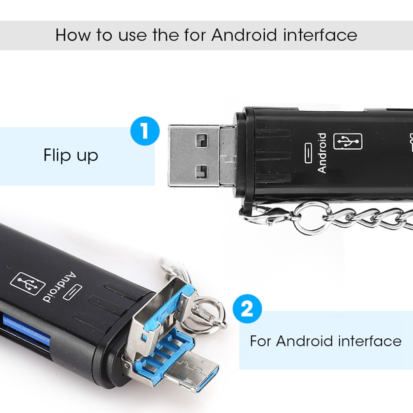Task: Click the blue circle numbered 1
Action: coord(145,131)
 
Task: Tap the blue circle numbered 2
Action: coord(247,309)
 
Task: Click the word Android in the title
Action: coord(244,35)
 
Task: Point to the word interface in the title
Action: coord(320,35)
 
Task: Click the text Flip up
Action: coord(71,156)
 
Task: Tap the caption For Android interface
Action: coord(325,341)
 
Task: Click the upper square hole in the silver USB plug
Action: coord(201,141)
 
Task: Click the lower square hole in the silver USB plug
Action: coord(201,171)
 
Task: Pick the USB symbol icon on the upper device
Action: coord(348,141)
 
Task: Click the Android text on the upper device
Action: coord(322,153)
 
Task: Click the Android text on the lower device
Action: coord(60,287)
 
